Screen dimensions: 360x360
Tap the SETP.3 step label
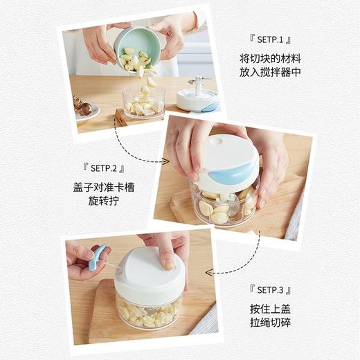[x=268, y=289]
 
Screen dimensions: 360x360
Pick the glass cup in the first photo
[x=144, y=101]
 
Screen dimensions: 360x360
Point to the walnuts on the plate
[x=82, y=107]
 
